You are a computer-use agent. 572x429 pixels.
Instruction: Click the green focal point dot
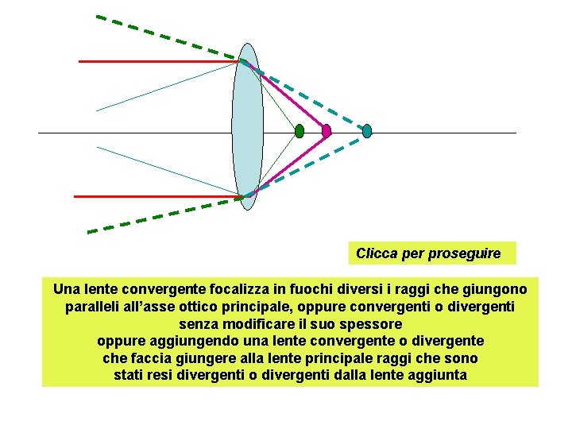coord(299,131)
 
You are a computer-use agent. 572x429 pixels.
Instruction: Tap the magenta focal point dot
coord(327,131)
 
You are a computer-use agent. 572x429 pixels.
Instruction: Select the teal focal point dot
coord(367,131)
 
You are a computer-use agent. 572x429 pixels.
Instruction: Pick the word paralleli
coord(89,307)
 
